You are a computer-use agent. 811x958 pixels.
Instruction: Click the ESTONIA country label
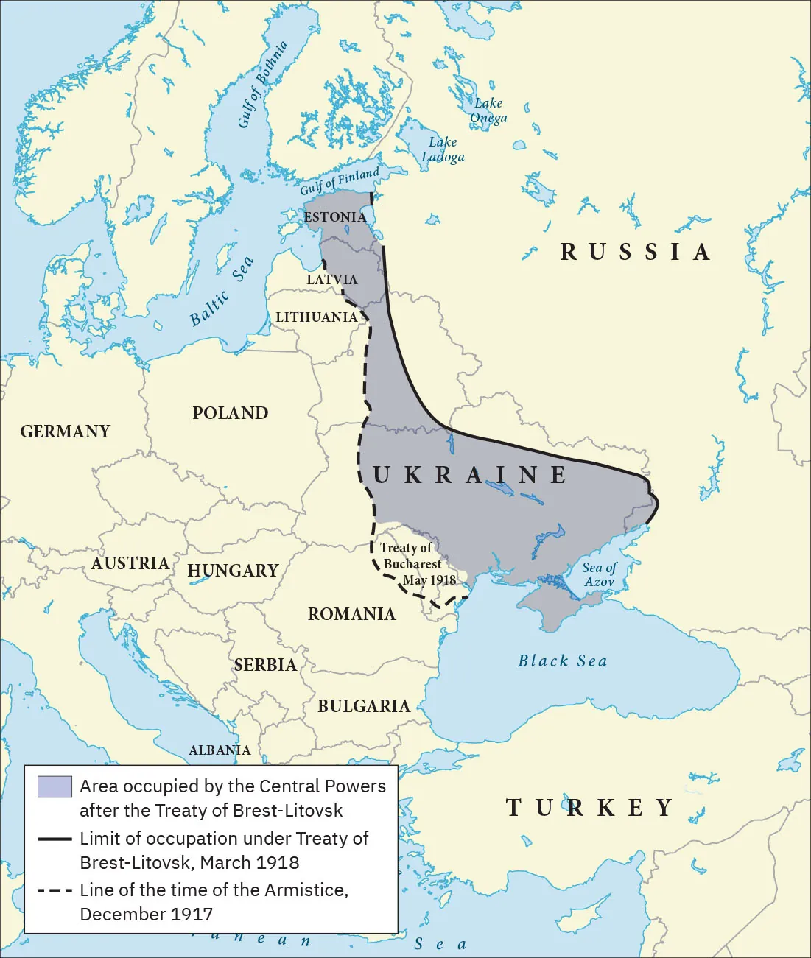coord(334,217)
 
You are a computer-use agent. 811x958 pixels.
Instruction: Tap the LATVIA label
coord(331,280)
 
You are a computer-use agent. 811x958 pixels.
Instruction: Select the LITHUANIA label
coord(316,317)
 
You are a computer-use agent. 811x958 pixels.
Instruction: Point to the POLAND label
coord(230,413)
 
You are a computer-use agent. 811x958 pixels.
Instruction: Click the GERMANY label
coord(65,432)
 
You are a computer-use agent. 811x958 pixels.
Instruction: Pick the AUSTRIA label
coord(130,563)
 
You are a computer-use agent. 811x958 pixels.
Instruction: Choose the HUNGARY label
coord(233,571)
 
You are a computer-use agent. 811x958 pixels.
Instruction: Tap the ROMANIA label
coord(351,614)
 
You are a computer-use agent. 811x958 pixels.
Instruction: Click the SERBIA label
coord(265,665)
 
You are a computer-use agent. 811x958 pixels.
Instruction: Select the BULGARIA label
coord(363,706)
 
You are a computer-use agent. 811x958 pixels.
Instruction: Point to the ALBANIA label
coord(220,750)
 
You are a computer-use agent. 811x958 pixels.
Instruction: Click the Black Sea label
coord(563,661)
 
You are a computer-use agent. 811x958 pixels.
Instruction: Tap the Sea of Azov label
coord(599,574)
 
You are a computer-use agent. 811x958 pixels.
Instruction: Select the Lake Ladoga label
coord(443,149)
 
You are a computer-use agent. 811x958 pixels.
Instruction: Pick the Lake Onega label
coord(488,110)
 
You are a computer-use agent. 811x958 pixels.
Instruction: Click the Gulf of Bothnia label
coord(262,85)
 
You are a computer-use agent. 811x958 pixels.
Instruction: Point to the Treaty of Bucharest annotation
coord(412,564)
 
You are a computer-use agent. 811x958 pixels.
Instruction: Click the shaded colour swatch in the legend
coord(55,787)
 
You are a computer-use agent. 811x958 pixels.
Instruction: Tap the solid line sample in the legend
coord(55,839)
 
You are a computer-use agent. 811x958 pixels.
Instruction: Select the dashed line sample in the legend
coord(55,890)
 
